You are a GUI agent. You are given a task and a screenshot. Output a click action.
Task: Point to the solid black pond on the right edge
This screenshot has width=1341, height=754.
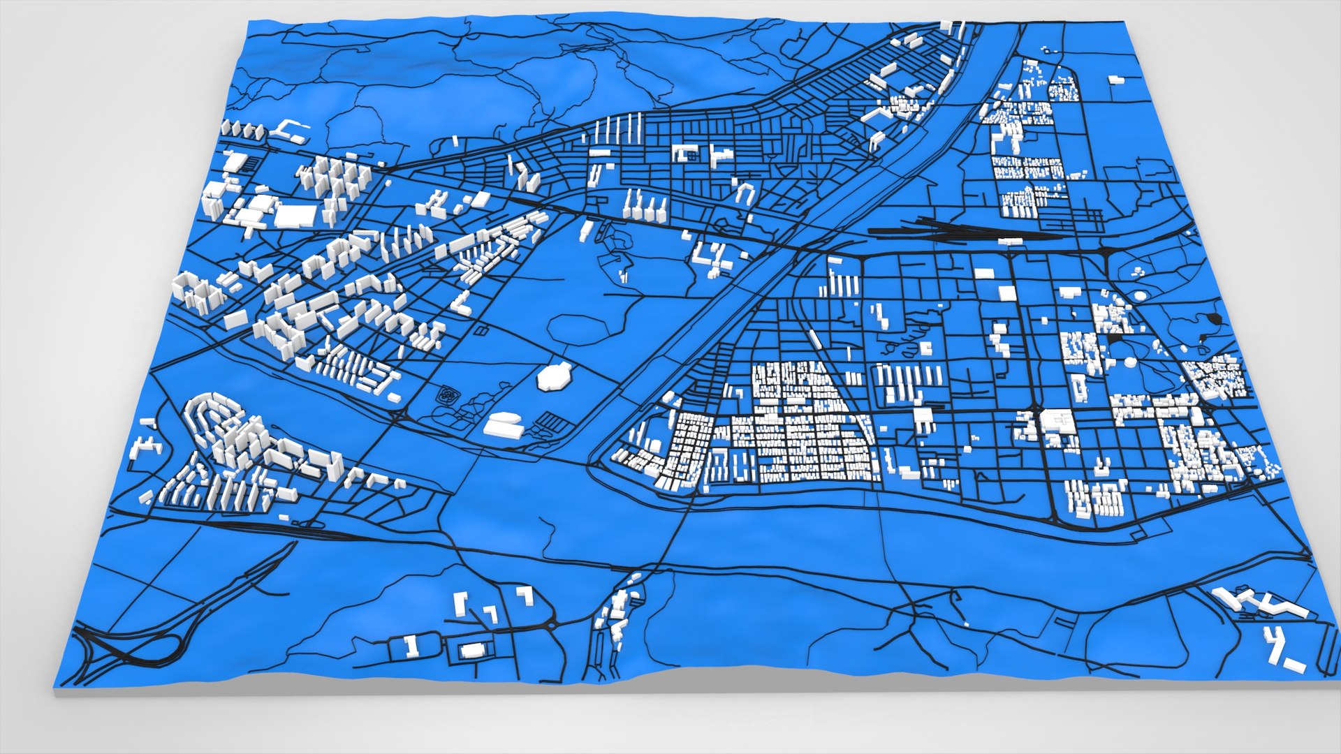[1215, 319]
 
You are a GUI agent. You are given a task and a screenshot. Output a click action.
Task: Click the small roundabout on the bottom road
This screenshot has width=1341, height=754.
[552, 626]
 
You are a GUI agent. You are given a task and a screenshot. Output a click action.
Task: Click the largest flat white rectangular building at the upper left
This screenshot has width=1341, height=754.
[295, 216]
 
